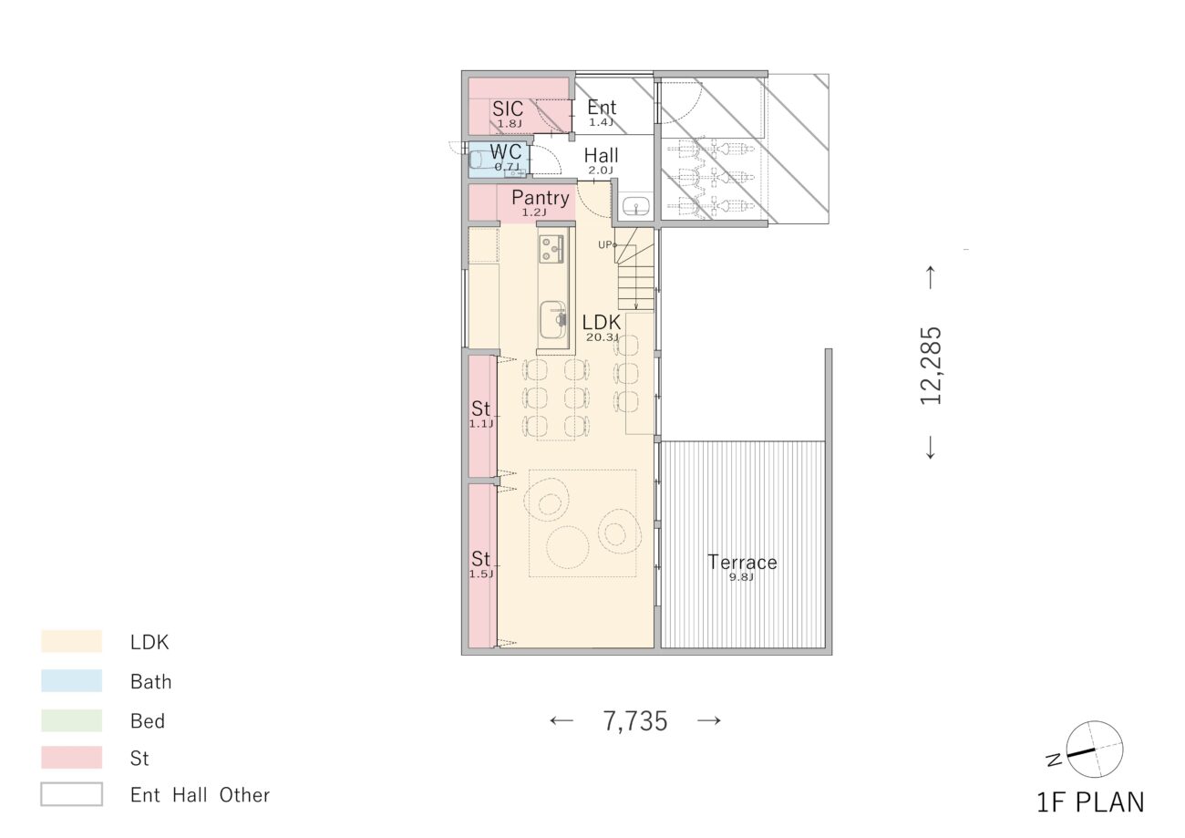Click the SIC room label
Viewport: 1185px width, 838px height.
(x=508, y=109)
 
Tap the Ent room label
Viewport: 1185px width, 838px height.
(x=602, y=108)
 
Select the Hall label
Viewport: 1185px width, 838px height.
(x=601, y=156)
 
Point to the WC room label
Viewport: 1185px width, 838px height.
(x=506, y=152)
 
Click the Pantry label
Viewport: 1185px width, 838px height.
(x=541, y=198)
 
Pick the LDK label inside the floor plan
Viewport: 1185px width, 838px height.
(x=601, y=322)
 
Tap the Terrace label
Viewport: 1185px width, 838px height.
(x=742, y=563)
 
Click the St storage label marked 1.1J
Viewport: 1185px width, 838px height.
(x=481, y=409)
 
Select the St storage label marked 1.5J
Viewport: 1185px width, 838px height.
(x=481, y=559)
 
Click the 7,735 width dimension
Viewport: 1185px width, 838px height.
(x=635, y=721)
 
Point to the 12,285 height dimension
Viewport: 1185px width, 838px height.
(x=931, y=366)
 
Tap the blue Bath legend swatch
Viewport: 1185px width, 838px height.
(x=71, y=681)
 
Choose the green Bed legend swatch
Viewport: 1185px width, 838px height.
(x=71, y=720)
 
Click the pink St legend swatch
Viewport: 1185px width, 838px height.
(x=71, y=758)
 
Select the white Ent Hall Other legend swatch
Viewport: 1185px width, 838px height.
(x=71, y=794)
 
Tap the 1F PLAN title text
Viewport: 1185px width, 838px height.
(x=1090, y=802)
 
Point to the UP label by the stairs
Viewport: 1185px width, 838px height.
(x=606, y=245)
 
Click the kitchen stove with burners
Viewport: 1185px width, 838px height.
(x=551, y=249)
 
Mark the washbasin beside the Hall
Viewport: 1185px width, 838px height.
(x=636, y=206)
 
